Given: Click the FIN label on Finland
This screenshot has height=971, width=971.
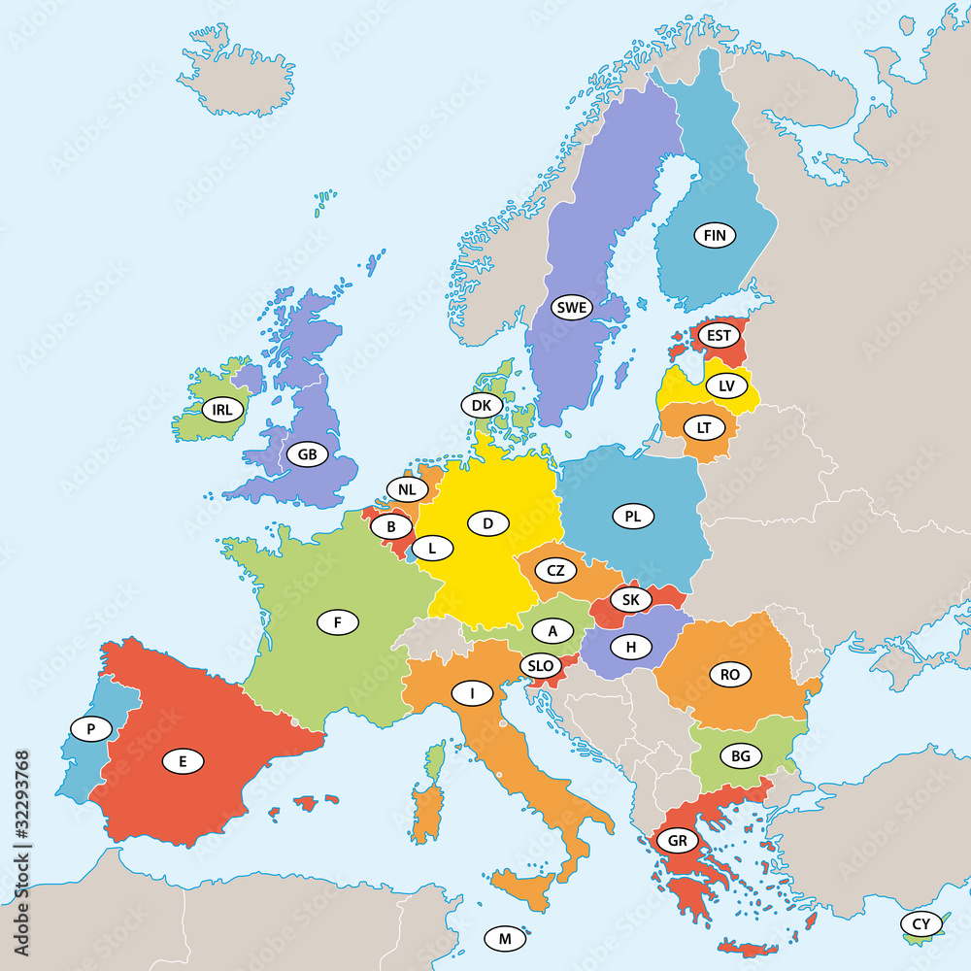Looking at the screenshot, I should tap(715, 235).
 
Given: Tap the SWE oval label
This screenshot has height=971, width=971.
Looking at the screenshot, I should tap(572, 308).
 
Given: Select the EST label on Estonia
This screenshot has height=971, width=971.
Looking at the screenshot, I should tap(719, 336).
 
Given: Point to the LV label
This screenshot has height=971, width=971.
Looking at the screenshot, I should tap(726, 385).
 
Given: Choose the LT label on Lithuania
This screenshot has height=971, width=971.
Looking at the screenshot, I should tap(704, 427).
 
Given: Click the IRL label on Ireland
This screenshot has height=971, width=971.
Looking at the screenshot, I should tap(222, 409).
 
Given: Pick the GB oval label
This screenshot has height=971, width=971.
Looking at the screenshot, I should tap(308, 453).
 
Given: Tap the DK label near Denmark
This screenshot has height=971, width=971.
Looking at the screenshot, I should tap(482, 405).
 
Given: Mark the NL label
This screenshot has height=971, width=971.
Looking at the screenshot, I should tap(408, 488).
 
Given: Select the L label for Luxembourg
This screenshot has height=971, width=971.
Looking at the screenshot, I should tap(433, 549).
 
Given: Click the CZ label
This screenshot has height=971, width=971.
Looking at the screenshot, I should tap(555, 571).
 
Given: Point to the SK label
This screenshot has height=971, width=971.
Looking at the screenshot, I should tap(630, 600).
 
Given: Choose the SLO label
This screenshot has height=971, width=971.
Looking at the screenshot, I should tap(541, 666).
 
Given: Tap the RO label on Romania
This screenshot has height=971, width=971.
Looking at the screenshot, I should tap(730, 675).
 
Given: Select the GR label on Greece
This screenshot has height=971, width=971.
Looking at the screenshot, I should tap(676, 840).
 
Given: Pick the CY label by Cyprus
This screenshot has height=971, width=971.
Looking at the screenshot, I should tap(921, 922).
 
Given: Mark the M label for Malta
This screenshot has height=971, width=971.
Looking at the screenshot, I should tap(505, 938).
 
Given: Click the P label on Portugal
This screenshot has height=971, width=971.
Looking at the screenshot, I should tap(91, 728).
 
